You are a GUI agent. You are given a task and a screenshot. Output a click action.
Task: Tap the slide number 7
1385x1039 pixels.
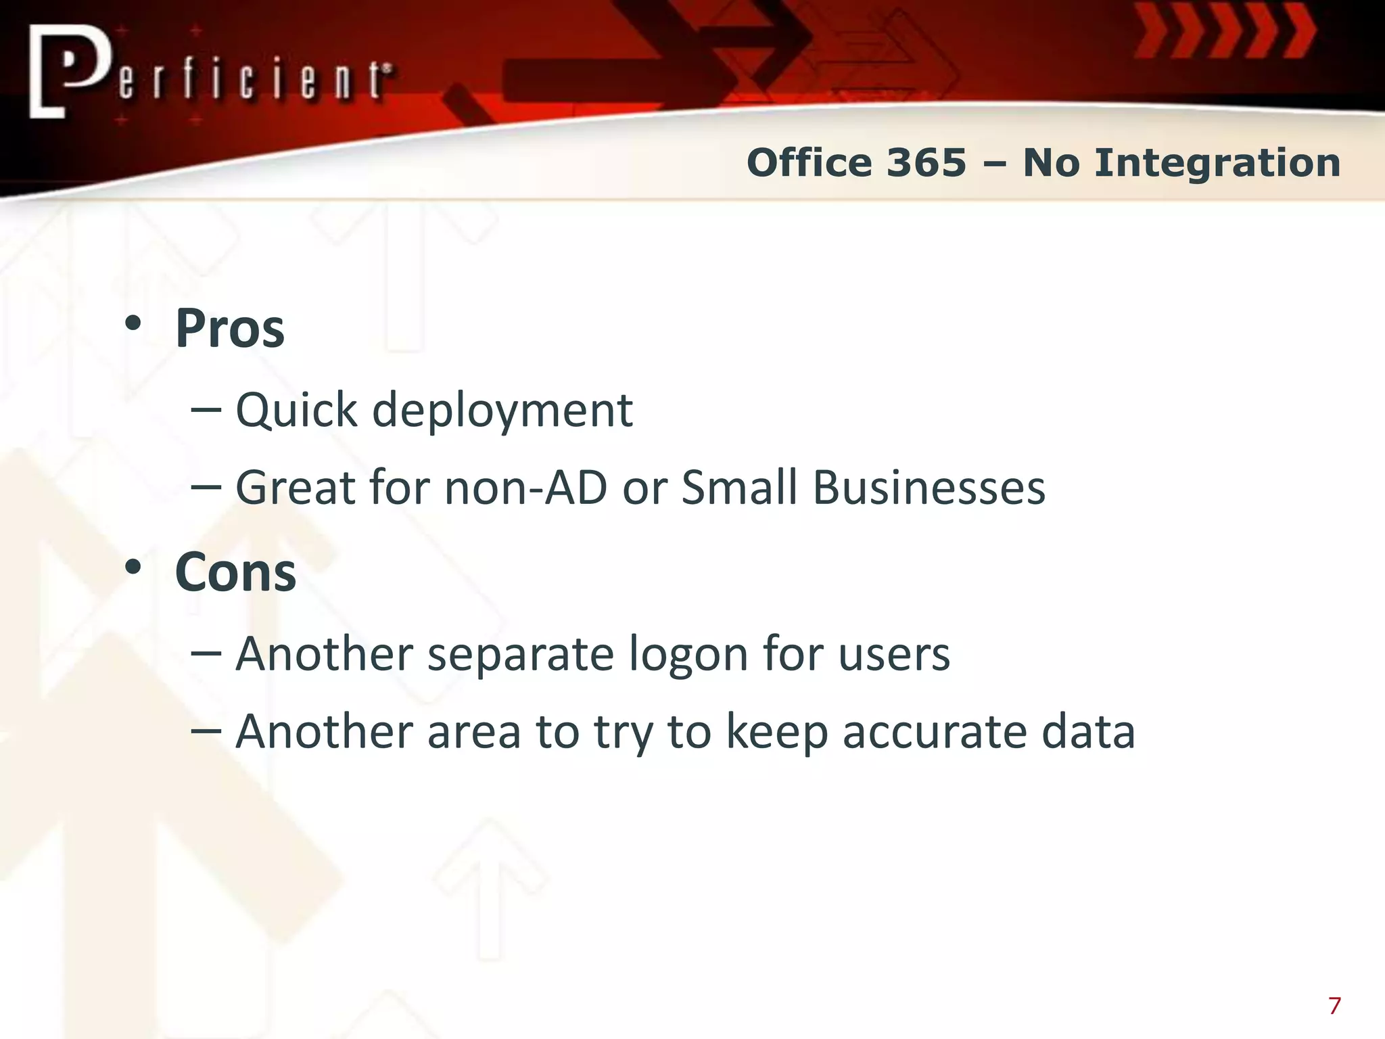point(1334,1006)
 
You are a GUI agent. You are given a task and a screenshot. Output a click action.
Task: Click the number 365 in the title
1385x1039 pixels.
point(926,163)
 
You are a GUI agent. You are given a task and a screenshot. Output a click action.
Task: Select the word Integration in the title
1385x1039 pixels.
point(1217,163)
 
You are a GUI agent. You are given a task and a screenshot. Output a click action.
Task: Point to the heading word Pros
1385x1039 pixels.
point(230,329)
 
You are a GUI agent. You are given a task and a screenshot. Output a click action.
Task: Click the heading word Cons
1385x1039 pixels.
point(235,572)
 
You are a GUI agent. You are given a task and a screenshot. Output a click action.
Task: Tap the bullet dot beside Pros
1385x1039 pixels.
point(133,323)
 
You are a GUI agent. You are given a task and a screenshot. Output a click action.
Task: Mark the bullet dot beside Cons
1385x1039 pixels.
point(133,567)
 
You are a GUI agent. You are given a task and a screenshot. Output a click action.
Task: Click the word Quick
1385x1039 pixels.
point(296,411)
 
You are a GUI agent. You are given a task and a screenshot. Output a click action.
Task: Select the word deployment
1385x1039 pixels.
point(502,411)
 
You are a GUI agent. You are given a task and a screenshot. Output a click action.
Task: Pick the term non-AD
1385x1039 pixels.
point(525,487)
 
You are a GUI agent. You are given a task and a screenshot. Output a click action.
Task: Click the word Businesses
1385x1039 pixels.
point(929,487)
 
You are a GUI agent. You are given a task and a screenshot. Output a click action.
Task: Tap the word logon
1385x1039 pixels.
point(688,655)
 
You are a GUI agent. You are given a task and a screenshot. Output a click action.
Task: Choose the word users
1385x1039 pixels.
point(894,655)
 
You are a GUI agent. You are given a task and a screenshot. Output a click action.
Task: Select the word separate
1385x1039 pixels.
point(520,655)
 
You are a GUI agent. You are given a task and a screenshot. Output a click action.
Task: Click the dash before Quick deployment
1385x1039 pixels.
point(206,409)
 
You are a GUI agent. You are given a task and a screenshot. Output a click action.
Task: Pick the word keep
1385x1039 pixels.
point(776,732)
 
